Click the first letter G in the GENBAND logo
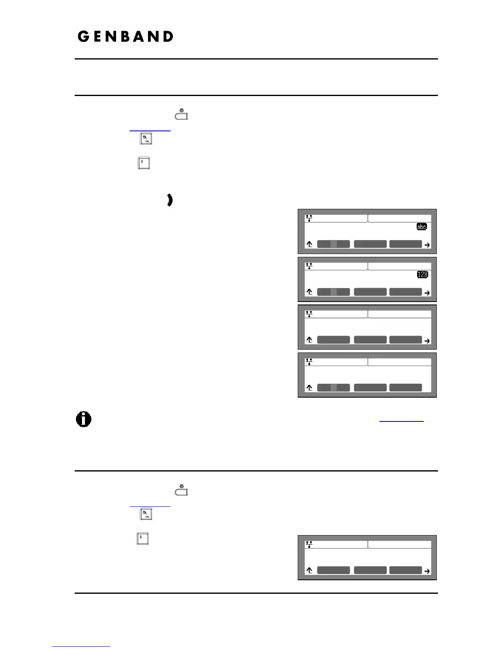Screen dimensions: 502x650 point(83,37)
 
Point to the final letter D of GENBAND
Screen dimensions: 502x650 point(167,37)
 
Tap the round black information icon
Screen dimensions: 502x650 point(84,419)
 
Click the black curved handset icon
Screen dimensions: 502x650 point(170,200)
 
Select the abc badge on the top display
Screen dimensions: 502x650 point(421,227)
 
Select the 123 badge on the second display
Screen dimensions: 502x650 point(422,274)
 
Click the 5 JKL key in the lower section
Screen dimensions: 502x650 point(146,514)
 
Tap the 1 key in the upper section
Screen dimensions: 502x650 point(143,163)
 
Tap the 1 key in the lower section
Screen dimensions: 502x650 point(142,538)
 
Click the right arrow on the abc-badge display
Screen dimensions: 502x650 point(427,245)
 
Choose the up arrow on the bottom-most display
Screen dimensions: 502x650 point(310,570)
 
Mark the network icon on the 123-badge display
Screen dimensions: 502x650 point(309,266)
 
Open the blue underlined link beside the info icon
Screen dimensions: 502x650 point(401,421)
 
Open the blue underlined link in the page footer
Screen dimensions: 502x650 point(81,646)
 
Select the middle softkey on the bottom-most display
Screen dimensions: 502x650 point(370,570)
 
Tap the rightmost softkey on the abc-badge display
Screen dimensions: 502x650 point(405,244)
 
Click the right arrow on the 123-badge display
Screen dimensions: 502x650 point(427,293)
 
